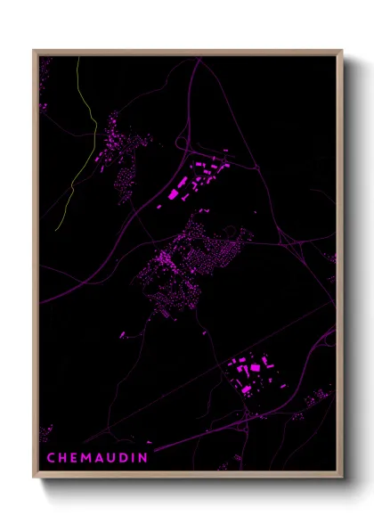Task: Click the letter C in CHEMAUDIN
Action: coord(52,458)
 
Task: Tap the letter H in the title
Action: coord(64,458)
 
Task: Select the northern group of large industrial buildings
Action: coord(196,178)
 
